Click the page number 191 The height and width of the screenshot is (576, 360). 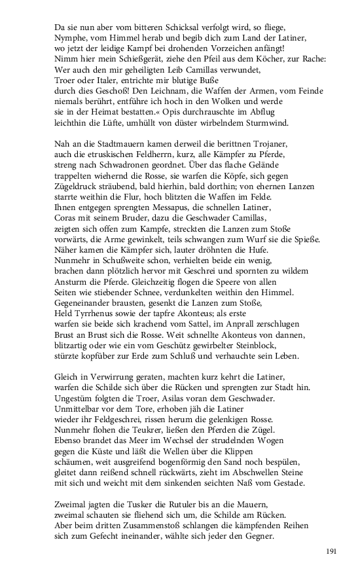331,552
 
